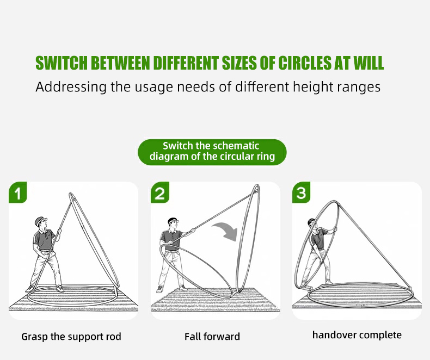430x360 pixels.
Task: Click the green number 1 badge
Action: coord(18,193)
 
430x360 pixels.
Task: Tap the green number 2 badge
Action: coord(160,193)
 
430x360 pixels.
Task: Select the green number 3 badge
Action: coord(301,193)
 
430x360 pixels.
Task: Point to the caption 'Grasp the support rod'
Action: coord(71,337)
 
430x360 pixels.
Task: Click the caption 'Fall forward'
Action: coord(212,337)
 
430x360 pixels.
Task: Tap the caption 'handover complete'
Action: coord(357,335)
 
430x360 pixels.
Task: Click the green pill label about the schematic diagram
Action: coord(212,152)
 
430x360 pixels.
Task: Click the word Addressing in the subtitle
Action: coord(71,87)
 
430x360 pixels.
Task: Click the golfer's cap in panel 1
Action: coord(41,221)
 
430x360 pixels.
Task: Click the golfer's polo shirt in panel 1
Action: coord(44,240)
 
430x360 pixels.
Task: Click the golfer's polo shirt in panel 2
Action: coord(171,240)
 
